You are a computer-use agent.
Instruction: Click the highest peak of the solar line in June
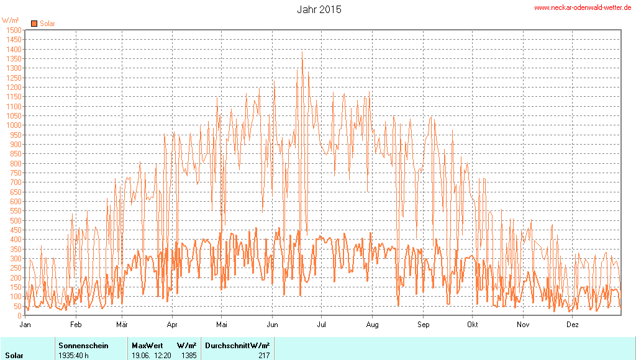(x=302, y=52)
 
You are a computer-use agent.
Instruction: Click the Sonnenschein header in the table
(x=83, y=345)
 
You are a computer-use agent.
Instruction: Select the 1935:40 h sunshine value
(x=73, y=356)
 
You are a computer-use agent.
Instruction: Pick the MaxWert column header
(x=147, y=345)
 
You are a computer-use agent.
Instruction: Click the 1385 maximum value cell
(x=189, y=356)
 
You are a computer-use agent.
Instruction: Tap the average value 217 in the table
(x=264, y=356)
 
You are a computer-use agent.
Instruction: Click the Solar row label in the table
(x=15, y=356)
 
